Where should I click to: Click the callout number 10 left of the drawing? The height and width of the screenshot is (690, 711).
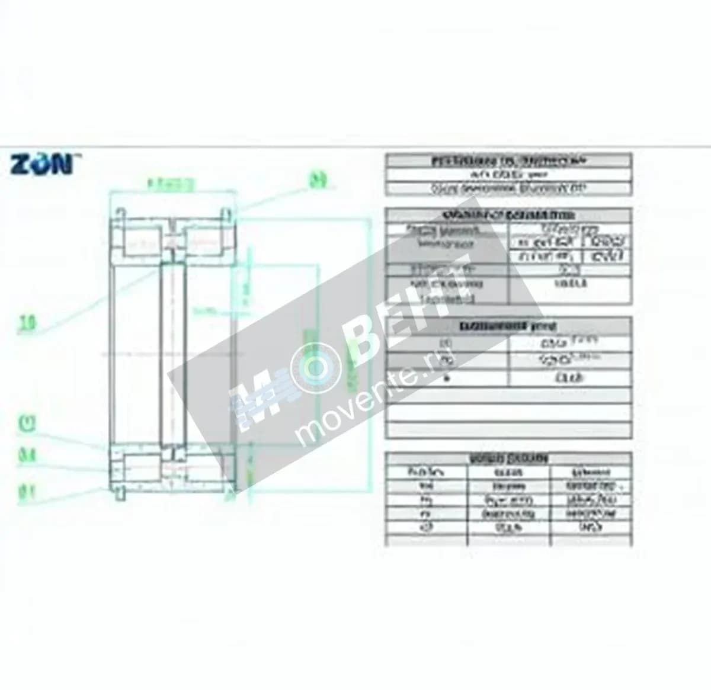click(27, 323)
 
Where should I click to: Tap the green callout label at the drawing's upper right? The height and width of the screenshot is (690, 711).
click(318, 180)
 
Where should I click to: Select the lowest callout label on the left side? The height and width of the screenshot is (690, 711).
click(27, 493)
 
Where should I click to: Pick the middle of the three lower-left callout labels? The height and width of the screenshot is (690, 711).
click(27, 455)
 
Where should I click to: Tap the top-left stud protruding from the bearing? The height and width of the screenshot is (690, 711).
click(121, 213)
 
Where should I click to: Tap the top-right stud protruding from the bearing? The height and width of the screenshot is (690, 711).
click(226, 213)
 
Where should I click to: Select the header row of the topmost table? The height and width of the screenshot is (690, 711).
click(508, 161)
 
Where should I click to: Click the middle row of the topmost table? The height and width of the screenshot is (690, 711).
click(508, 175)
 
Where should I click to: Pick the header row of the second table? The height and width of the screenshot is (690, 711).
click(508, 215)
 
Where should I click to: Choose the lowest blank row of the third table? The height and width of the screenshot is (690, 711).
click(508, 430)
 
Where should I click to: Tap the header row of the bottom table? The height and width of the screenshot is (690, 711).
click(508, 459)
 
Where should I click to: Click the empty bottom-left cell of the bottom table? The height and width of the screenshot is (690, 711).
click(426, 541)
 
